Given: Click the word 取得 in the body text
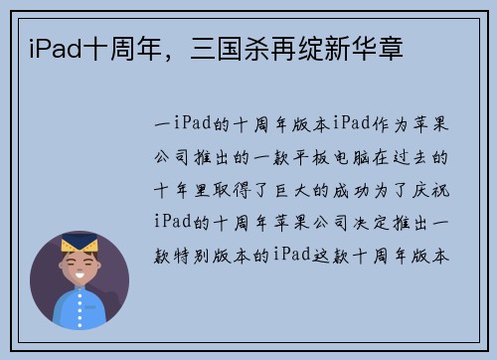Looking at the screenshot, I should pos(230,187).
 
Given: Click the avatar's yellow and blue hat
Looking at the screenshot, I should pos(81,244).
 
